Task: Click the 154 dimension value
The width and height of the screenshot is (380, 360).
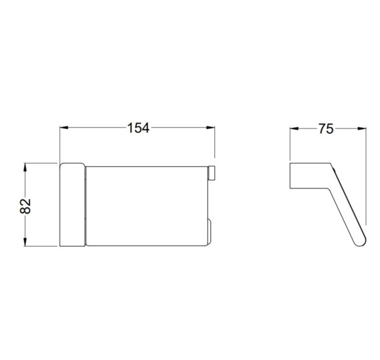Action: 138,128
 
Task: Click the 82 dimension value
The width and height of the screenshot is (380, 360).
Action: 26,206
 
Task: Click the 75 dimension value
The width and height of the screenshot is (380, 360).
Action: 326,129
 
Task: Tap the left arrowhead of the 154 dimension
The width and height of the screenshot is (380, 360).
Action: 64,128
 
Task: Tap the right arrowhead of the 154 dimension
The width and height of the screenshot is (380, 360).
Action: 210,128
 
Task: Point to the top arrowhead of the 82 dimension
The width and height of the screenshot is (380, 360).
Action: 25,168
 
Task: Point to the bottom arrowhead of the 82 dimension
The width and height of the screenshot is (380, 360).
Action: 25,242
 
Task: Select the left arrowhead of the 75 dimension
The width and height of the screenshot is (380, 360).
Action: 294,128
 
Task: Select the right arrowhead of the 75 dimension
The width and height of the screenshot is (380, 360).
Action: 362,128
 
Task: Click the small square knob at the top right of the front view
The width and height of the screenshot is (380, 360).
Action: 212,173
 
